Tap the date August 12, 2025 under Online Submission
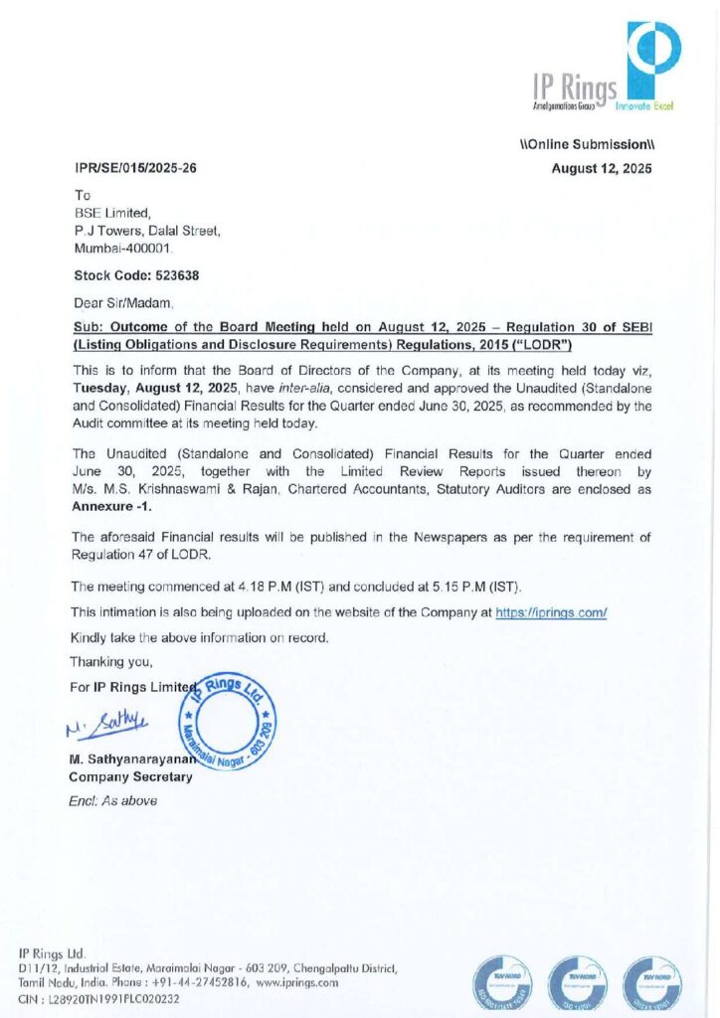pyautogui.click(x=602, y=168)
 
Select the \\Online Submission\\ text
pyautogui.click(x=587, y=145)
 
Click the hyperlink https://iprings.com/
pyautogui.click(x=551, y=613)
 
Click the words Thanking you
pyautogui.click(x=111, y=660)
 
